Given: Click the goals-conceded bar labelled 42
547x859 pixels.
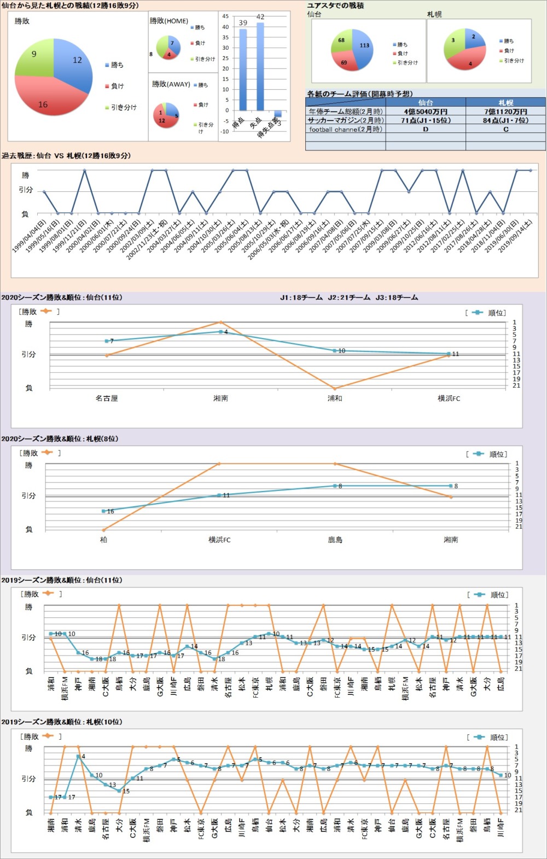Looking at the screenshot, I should point(260,66).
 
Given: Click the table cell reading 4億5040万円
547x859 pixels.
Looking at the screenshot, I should point(426,112).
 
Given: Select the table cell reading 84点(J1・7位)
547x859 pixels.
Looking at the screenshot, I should point(505,120).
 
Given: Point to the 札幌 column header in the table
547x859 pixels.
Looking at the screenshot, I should point(505,102).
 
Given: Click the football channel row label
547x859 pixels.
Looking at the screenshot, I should point(346,130).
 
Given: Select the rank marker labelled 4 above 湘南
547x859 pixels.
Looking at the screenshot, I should point(221,331).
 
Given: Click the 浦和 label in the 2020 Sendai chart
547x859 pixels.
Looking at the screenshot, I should point(335,399).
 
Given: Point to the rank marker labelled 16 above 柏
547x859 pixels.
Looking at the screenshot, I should point(103,511).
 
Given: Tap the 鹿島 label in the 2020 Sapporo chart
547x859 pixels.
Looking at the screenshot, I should point(335,540).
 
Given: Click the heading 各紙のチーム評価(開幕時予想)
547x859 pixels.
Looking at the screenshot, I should point(359,94).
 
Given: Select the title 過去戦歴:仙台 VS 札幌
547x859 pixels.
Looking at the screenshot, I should point(66,156).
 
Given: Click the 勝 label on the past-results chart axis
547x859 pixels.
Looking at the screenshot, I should point(25,175).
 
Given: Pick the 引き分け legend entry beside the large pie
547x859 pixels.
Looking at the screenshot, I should point(124,108).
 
